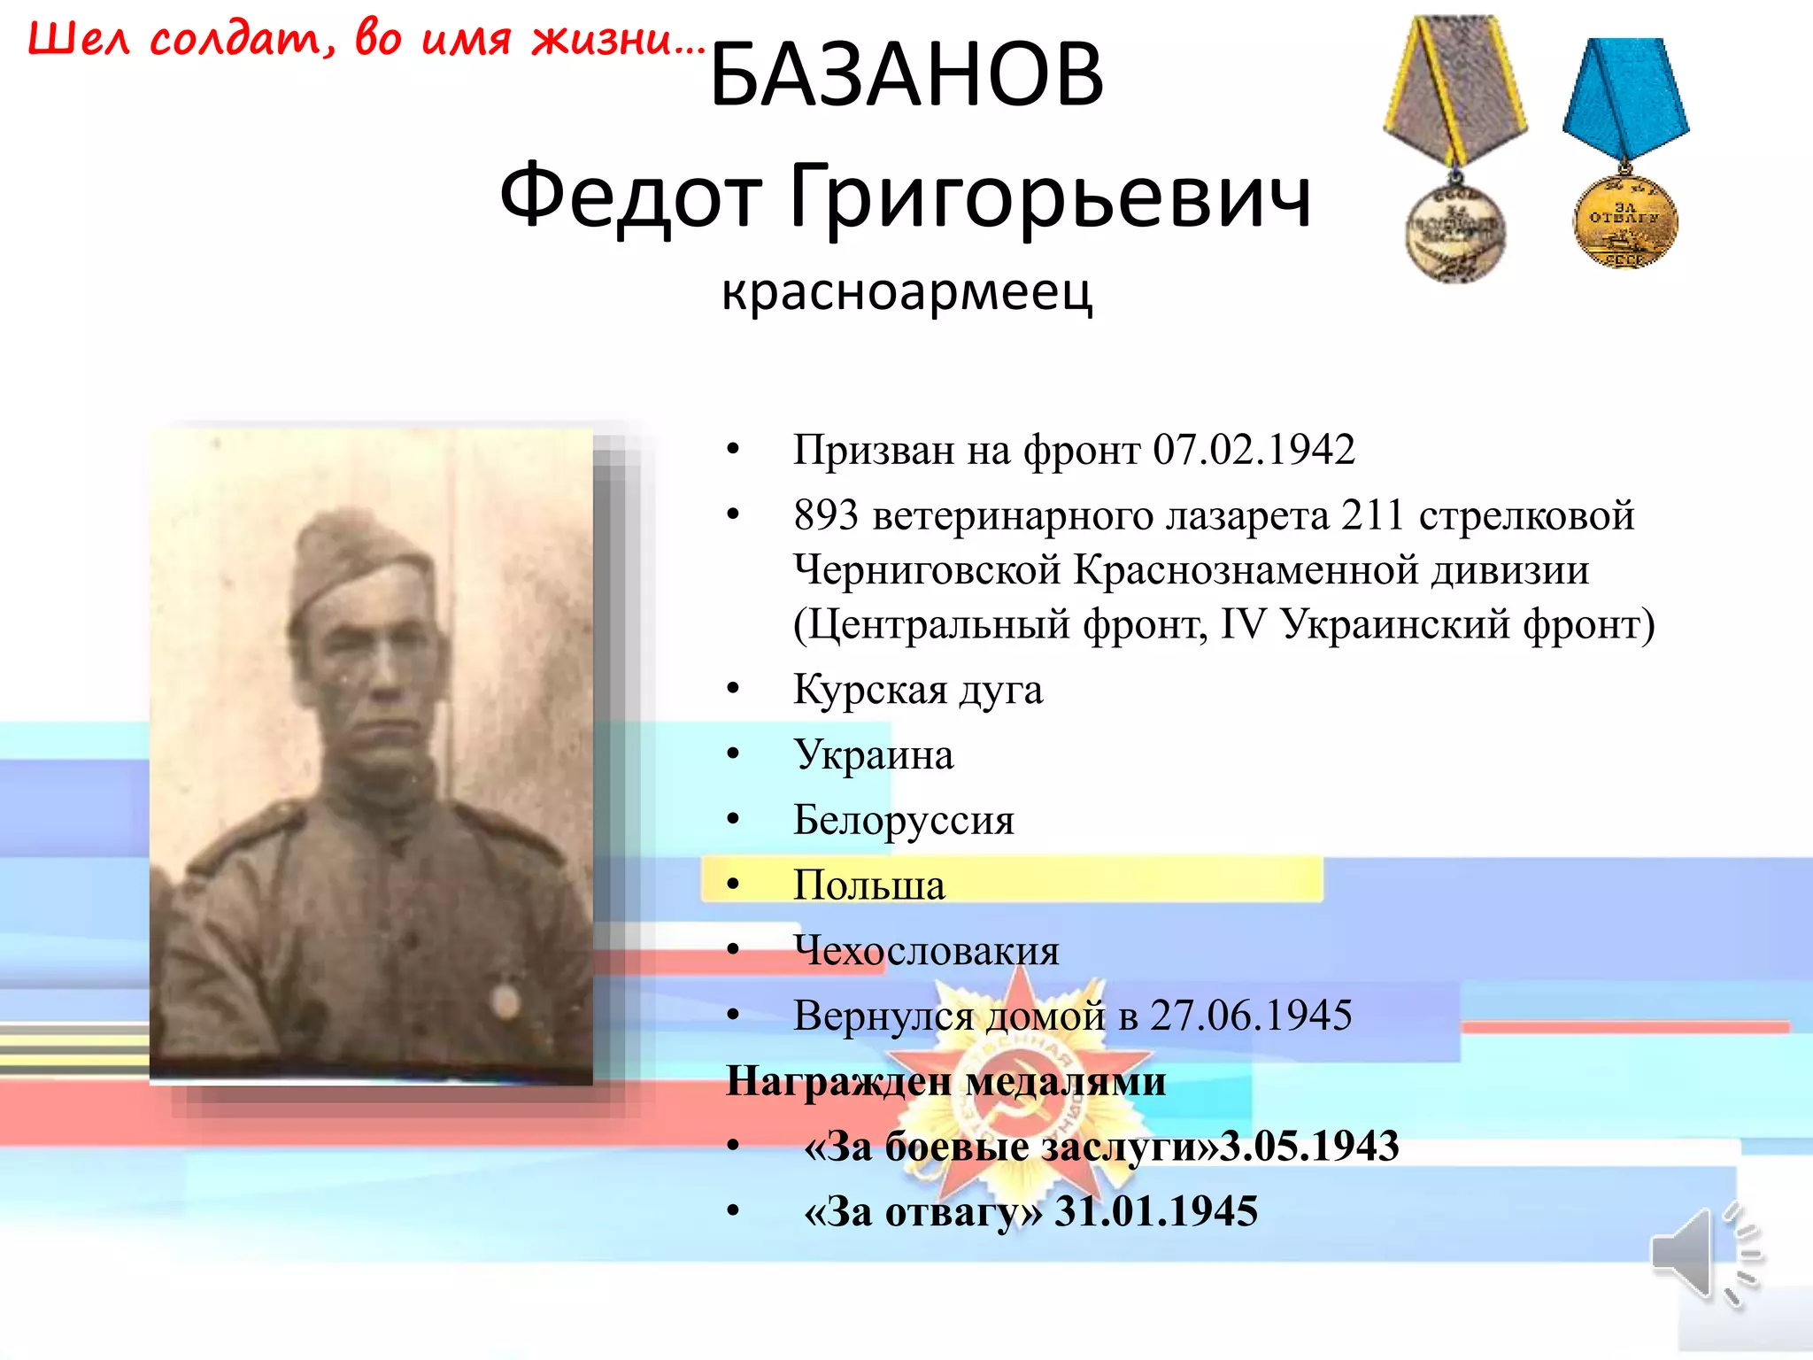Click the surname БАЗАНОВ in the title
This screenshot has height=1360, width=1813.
906,75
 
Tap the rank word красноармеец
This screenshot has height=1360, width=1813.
906,292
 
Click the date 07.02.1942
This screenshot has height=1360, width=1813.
1254,450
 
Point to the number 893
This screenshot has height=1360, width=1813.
825,515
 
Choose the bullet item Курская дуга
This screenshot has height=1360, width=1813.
917,690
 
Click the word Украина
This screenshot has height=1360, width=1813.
873,755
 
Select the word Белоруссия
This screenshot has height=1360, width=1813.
903,820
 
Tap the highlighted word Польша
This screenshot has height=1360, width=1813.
868,885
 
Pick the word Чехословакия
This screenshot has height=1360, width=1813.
926,951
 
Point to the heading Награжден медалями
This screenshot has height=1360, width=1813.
945,1081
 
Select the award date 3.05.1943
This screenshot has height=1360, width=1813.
1310,1147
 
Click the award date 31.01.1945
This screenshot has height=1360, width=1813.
1156,1212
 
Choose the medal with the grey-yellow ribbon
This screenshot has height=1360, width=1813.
1455,151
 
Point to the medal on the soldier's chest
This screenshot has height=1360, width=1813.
505,1001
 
